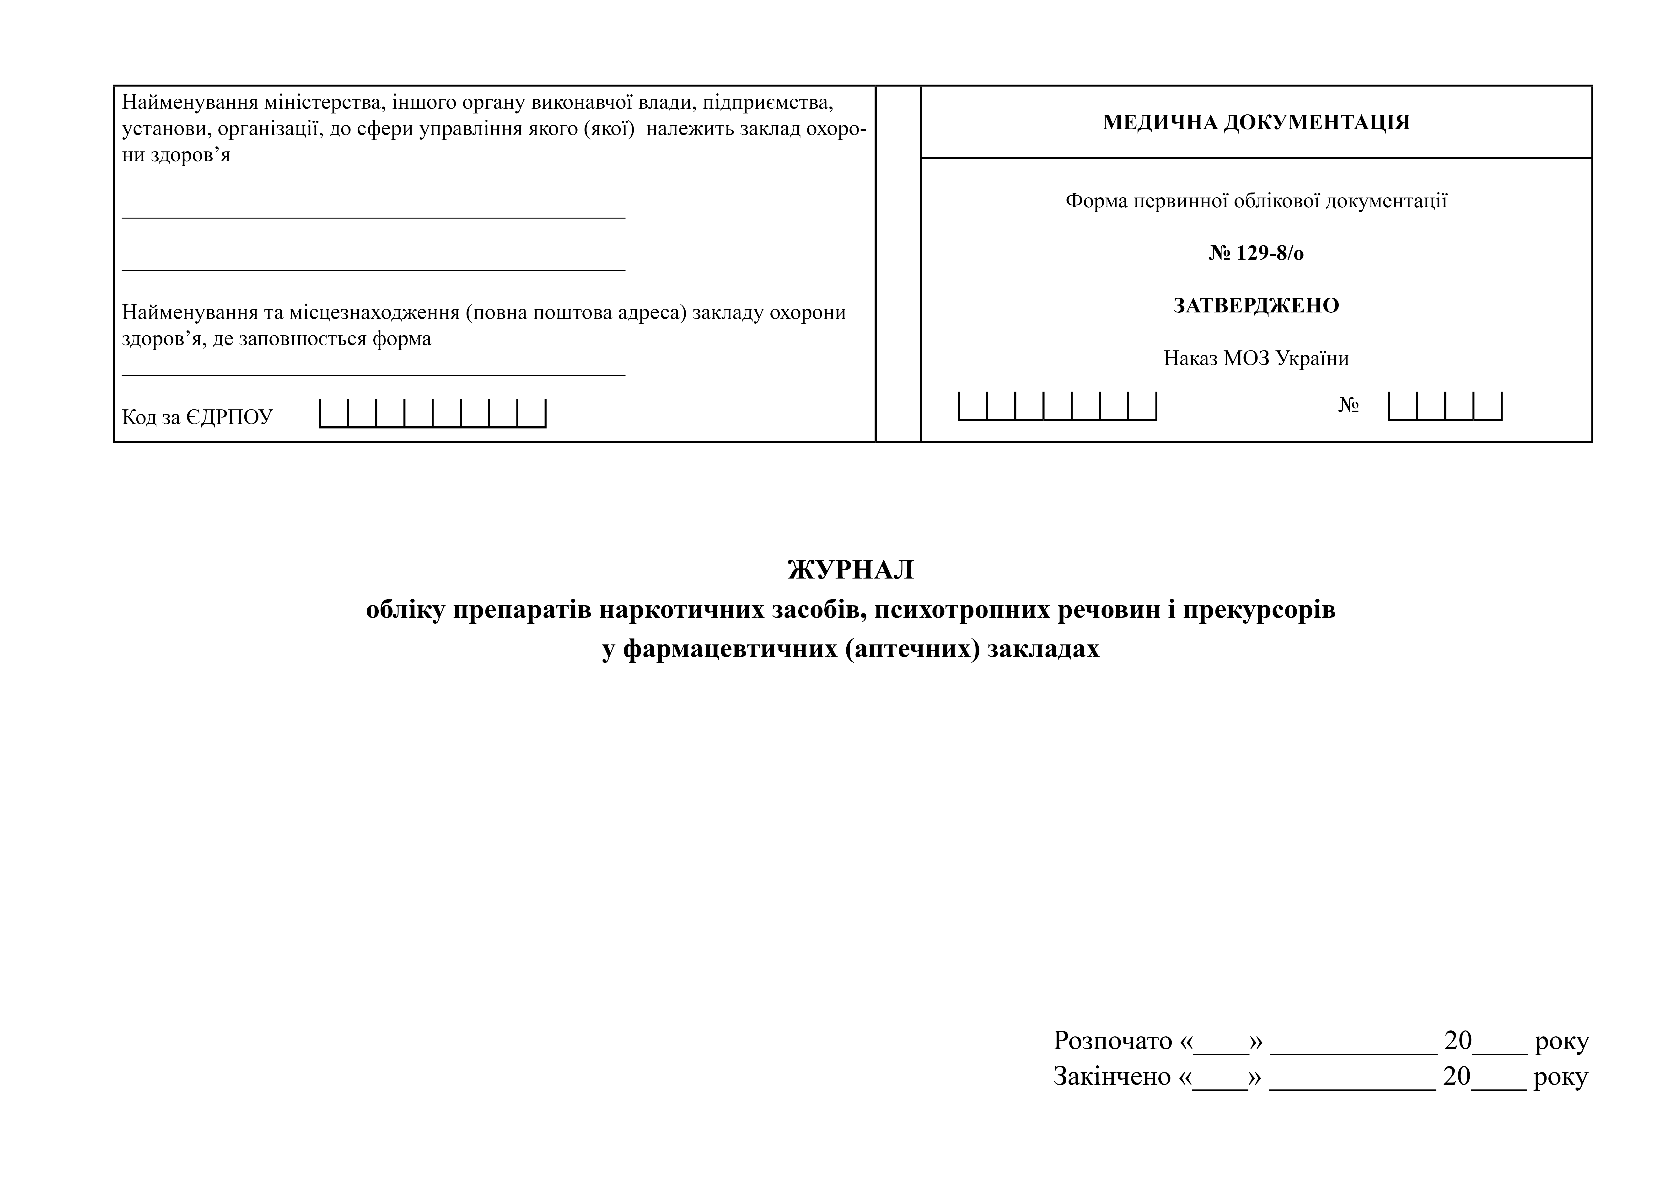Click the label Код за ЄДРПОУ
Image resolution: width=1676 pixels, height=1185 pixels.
click(x=197, y=417)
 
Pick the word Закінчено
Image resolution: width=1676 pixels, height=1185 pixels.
click(x=1112, y=1076)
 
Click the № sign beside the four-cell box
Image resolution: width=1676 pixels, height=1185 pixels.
click(x=1348, y=405)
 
